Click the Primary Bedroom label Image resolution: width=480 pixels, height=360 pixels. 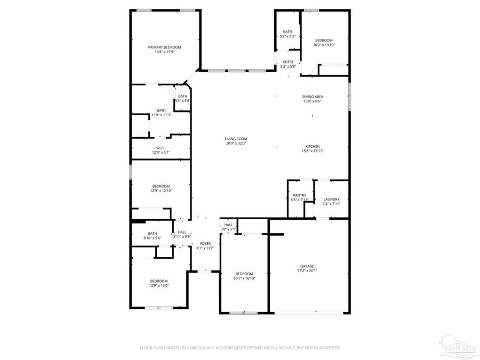pos(164,47)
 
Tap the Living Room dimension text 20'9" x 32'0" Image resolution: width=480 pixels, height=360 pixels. pos(236,143)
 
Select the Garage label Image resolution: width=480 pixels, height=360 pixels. pos(307,266)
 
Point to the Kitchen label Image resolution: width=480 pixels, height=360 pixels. pos(313,146)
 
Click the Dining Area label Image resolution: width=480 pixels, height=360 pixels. pos(313,97)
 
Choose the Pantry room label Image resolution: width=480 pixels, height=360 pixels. pos(299,195)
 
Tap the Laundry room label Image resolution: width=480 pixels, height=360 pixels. pos(331,199)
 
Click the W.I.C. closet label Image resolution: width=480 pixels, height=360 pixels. pos(161,148)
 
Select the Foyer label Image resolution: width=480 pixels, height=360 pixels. pos(205,243)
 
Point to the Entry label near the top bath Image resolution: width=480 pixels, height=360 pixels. pos(288,62)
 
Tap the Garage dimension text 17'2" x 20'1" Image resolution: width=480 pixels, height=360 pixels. pos(307,271)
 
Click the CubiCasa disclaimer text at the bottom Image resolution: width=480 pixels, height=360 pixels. pos(239,348)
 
